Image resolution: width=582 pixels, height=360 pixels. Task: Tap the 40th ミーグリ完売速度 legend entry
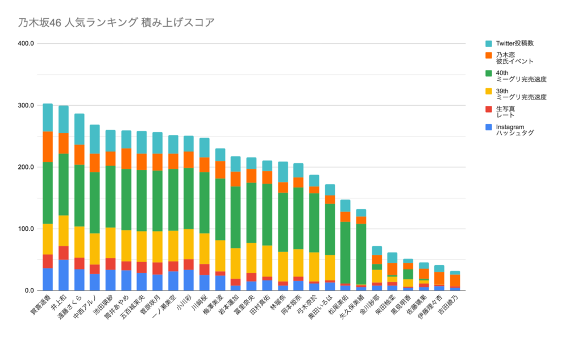521,76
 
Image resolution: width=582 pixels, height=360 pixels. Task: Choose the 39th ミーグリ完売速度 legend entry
521,94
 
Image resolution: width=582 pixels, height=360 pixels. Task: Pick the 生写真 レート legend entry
505,111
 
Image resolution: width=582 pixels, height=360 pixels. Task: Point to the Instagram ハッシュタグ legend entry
514,130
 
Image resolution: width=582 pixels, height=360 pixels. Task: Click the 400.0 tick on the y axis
26,44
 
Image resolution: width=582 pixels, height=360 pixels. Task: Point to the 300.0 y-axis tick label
26,106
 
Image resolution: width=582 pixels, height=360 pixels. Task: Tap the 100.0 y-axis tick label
26,229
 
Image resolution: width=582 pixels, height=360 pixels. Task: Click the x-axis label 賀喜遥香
40,307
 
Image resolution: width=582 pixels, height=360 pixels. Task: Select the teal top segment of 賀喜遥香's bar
48,118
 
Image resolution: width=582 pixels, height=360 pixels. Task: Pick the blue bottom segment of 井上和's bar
64,275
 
